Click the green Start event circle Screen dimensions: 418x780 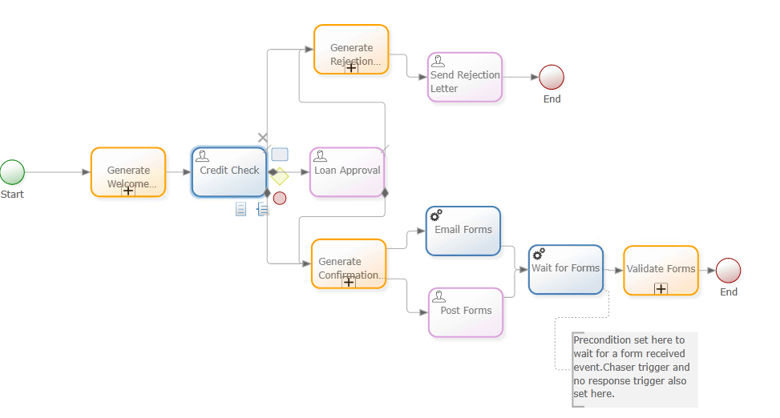12,172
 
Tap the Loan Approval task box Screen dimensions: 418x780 347,171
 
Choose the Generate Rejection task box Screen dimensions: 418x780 351,49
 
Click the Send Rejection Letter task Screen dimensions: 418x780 465,78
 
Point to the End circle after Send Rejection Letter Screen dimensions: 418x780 552,77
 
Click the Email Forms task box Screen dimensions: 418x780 463,231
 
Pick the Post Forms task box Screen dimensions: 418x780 466,312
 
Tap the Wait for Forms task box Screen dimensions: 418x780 566,270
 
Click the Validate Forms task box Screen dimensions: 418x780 661,270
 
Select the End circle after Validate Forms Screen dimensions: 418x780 728,270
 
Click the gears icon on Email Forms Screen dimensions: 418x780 436,215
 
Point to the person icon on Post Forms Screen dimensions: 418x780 438,296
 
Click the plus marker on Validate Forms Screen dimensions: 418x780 661,288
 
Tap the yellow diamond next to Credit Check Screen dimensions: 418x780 279,176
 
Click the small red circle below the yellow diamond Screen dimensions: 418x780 279,198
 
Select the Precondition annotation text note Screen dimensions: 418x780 633,367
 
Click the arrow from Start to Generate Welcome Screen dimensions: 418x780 56,172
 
